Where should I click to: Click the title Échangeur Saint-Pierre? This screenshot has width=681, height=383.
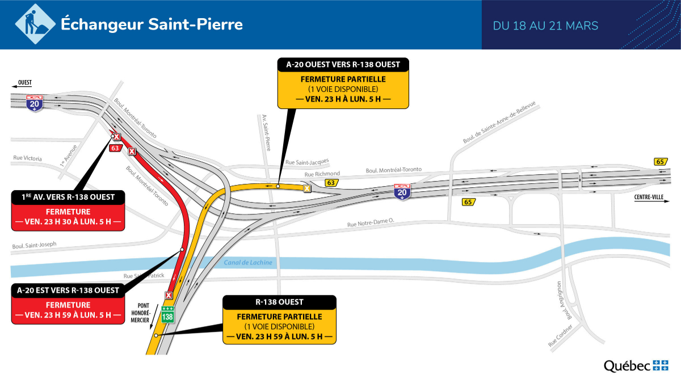152,25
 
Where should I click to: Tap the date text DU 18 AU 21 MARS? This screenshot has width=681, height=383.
545,26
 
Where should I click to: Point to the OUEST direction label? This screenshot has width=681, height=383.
24,82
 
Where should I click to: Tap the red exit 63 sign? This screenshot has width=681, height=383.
115,148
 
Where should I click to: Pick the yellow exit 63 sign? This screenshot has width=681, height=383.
330,183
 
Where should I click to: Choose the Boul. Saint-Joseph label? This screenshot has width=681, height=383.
34,245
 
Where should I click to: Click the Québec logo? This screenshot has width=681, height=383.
636,366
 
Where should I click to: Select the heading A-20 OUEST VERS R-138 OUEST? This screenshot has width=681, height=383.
343,64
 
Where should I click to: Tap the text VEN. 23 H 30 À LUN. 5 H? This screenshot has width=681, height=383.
68,221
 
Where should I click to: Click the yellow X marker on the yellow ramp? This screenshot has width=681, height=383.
307,188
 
